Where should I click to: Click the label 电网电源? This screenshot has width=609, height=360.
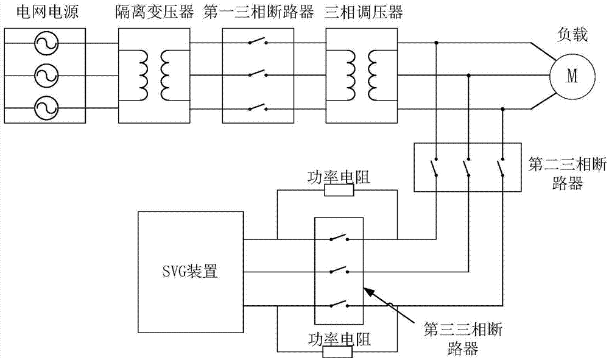click(43, 12)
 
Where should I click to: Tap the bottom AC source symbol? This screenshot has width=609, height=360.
click(44, 108)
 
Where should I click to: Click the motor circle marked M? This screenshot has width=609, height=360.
click(571, 76)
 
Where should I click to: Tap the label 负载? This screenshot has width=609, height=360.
click(572, 36)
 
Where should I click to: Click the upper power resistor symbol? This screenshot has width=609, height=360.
click(338, 190)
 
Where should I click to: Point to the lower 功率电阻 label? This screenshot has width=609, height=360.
click(338, 338)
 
